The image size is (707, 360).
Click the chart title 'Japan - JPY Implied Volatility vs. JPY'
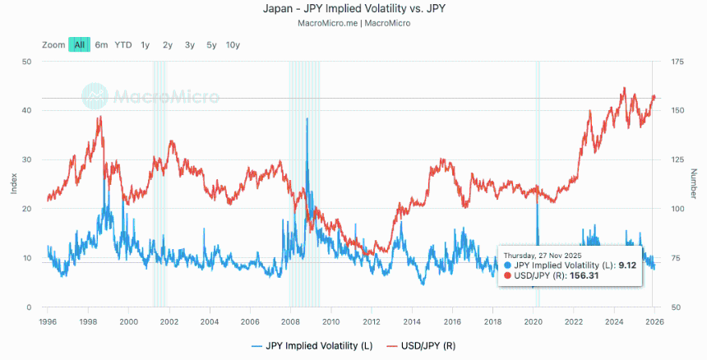click(353, 9)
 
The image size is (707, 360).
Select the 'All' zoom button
click(79, 45)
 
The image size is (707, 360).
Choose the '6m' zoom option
click(101, 45)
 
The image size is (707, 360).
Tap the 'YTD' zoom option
click(122, 45)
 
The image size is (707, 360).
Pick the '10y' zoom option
click(233, 45)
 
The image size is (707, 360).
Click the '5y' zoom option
click(211, 45)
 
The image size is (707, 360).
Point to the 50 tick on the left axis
click(26, 62)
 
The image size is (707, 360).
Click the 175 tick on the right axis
click(670, 62)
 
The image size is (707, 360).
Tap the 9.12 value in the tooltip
click(628, 265)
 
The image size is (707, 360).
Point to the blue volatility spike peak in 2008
click(307, 119)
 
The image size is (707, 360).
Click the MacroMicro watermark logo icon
click(95, 96)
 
